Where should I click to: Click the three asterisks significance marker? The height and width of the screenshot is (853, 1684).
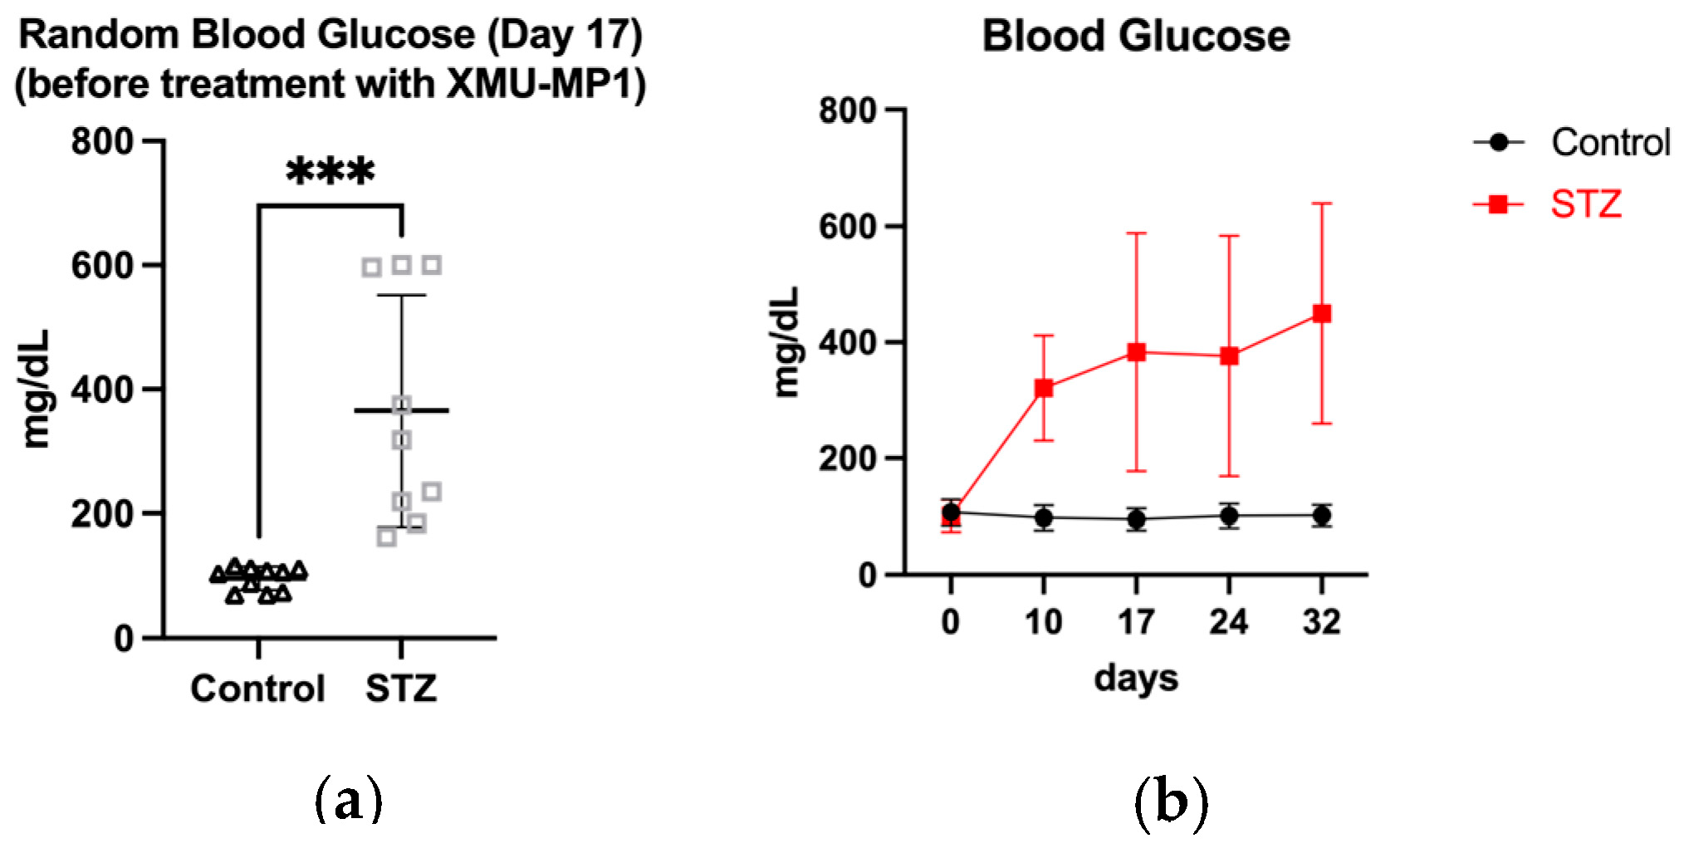(x=330, y=171)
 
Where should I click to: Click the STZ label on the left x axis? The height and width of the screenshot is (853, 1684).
(x=401, y=689)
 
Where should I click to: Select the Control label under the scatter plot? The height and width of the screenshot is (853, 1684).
(x=257, y=689)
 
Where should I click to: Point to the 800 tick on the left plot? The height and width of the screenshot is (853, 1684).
(x=102, y=142)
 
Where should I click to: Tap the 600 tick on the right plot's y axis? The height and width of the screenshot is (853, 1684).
(x=847, y=227)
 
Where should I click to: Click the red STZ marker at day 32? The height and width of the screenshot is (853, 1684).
(x=1321, y=314)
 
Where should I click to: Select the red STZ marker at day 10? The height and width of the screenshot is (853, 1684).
(x=1043, y=388)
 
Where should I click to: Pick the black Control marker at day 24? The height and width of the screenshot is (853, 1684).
(x=1229, y=516)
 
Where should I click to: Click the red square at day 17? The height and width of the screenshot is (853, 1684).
(x=1136, y=352)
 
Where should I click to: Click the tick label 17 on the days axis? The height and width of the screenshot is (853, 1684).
(x=1135, y=622)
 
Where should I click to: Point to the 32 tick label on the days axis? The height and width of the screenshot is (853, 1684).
(x=1321, y=622)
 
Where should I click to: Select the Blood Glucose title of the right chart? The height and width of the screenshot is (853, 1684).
(x=1135, y=37)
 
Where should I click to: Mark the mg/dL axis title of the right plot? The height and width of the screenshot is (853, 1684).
(x=786, y=342)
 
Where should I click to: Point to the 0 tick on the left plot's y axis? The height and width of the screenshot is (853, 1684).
(x=124, y=639)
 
